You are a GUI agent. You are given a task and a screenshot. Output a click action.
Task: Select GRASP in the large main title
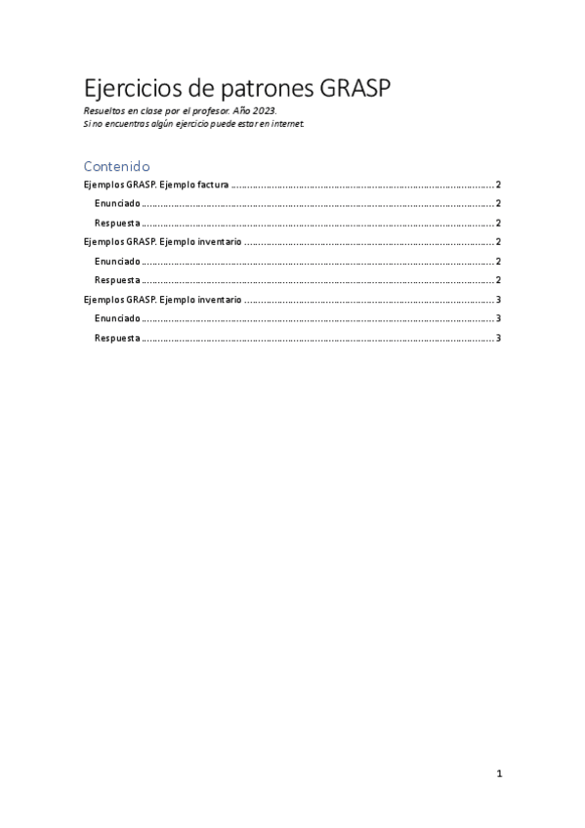(x=355, y=90)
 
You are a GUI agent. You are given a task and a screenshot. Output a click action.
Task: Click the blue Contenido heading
(x=116, y=166)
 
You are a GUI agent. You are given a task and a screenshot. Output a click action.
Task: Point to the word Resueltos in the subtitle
(x=104, y=111)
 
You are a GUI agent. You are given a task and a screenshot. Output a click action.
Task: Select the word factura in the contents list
(x=208, y=185)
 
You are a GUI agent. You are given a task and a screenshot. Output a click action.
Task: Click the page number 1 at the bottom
(x=499, y=774)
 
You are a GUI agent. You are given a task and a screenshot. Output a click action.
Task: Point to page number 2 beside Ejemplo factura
(x=498, y=185)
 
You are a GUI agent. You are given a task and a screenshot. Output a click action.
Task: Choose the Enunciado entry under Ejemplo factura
(x=116, y=204)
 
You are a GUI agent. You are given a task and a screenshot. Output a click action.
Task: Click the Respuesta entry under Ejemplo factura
(x=117, y=223)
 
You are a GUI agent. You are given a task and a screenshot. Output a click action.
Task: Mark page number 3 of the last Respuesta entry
(x=498, y=338)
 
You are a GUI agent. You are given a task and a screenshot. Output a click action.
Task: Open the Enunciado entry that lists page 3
(x=116, y=318)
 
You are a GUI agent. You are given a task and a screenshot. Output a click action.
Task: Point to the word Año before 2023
(x=243, y=111)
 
